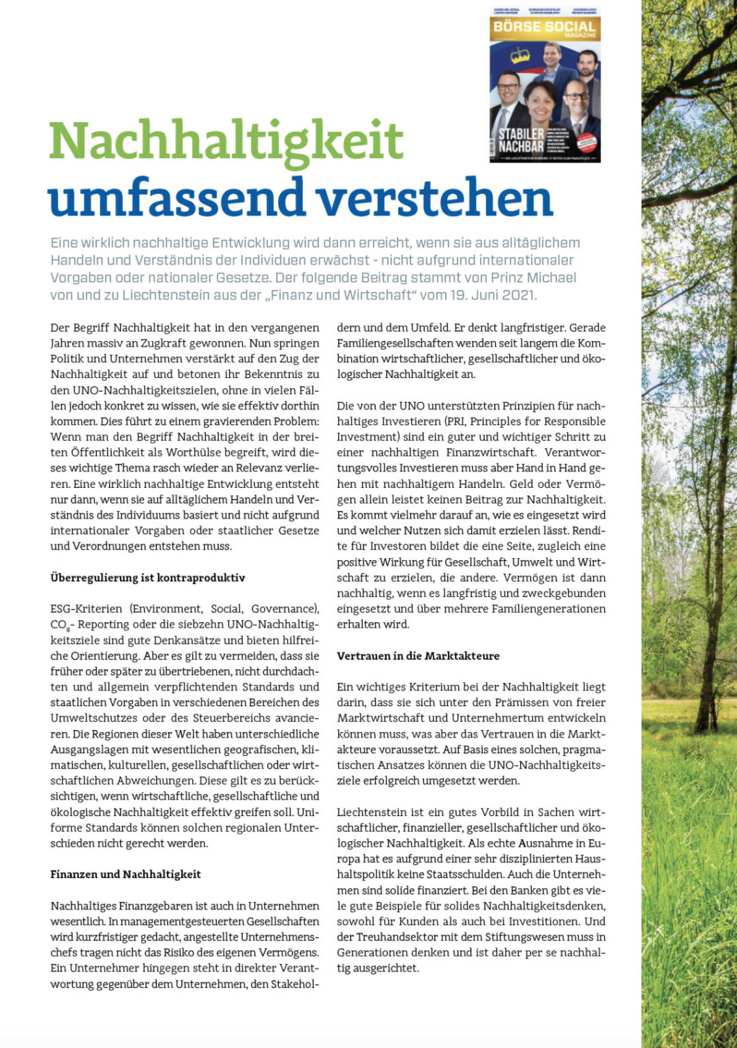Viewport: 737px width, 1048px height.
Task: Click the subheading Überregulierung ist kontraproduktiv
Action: click(148, 578)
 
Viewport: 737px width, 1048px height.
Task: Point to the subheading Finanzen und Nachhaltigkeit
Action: click(126, 874)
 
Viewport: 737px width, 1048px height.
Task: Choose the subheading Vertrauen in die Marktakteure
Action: click(418, 656)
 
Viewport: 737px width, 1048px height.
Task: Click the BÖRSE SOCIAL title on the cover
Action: click(545, 26)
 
